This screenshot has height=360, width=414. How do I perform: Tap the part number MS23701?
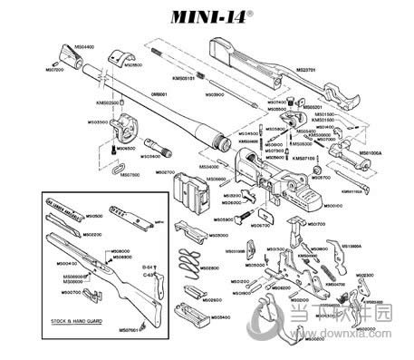[305, 69]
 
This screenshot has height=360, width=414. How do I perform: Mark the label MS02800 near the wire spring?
[209, 268]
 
